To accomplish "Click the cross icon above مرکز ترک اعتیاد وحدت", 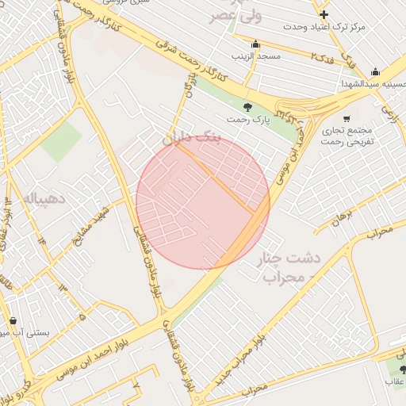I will click(324, 14).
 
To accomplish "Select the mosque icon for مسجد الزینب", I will click(255, 44).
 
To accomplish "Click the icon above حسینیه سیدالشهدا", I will click(375, 71).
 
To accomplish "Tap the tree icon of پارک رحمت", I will click(248, 107).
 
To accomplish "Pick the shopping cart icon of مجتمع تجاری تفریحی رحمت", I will click(347, 118).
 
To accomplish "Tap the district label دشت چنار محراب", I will click(285, 268).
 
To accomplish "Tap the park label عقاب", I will click(394, 381).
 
